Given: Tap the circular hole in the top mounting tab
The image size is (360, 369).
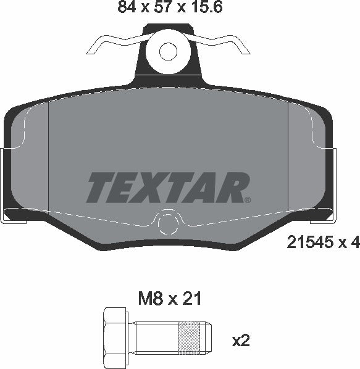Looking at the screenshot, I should pyautogui.click(x=167, y=51).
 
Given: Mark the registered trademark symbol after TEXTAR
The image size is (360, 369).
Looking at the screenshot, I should pyautogui.click(x=247, y=199).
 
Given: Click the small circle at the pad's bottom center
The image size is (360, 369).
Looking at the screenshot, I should pyautogui.click(x=168, y=223).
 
